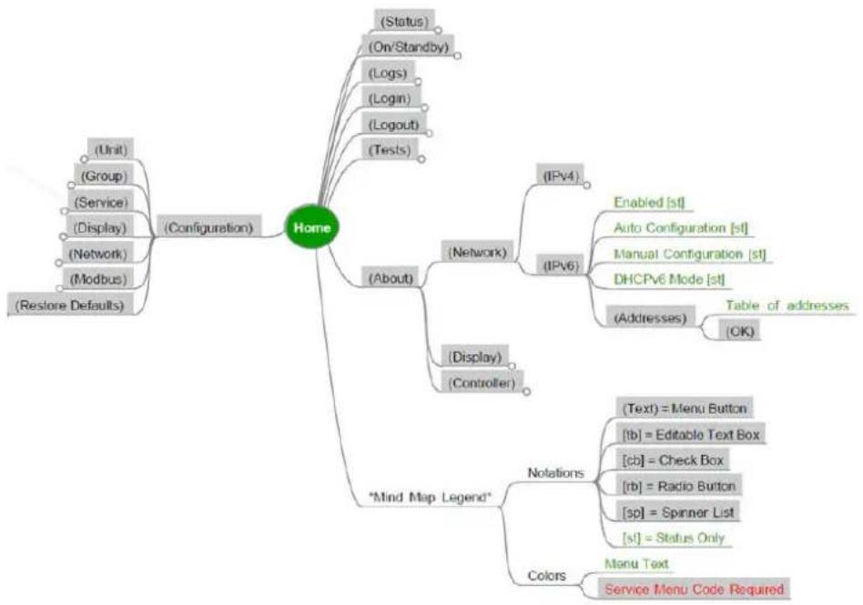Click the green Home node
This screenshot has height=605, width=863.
[x=312, y=227]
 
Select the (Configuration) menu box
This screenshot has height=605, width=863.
[x=209, y=227]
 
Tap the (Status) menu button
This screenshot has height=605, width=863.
[x=404, y=22]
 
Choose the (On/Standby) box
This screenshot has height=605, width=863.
[x=408, y=46]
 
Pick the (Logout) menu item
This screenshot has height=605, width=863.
[x=393, y=125]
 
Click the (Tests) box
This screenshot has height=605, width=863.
[x=390, y=149]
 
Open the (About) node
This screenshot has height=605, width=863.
[x=391, y=277]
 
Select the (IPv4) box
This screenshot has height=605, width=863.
[x=560, y=176]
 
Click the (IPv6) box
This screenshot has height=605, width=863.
[x=560, y=267]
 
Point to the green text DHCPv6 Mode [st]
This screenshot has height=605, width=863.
[x=669, y=279]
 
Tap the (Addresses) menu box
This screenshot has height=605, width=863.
[x=651, y=318]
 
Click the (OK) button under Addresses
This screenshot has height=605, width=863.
[x=740, y=331]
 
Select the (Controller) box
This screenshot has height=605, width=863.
[x=482, y=383]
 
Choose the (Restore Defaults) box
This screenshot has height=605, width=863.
[x=70, y=305]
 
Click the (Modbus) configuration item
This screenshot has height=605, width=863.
[x=98, y=279]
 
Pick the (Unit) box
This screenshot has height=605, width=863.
[x=111, y=149]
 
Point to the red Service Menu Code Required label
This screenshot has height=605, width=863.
[x=694, y=589]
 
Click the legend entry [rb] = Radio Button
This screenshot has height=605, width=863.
[x=678, y=486]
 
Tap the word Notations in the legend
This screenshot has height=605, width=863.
[x=555, y=473]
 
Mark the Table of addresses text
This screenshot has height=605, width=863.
[x=787, y=306]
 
